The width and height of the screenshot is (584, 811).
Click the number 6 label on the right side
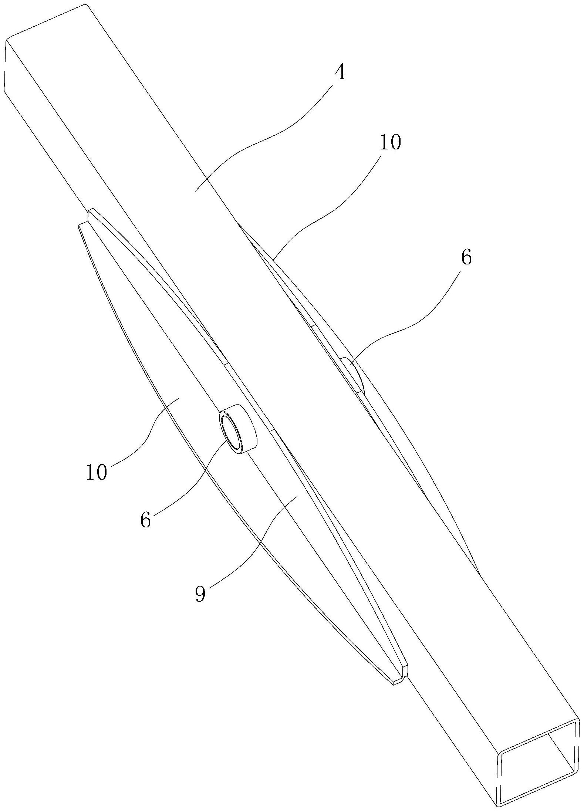(x=466, y=257)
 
